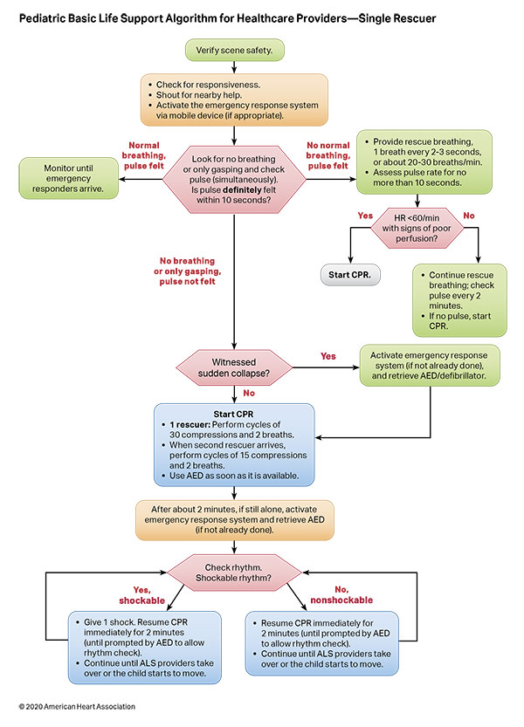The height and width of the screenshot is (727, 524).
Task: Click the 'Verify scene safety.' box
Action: click(233, 51)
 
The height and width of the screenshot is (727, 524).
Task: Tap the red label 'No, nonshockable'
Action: click(337, 593)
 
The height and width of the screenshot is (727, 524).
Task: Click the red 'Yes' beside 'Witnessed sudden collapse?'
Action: click(328, 356)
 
